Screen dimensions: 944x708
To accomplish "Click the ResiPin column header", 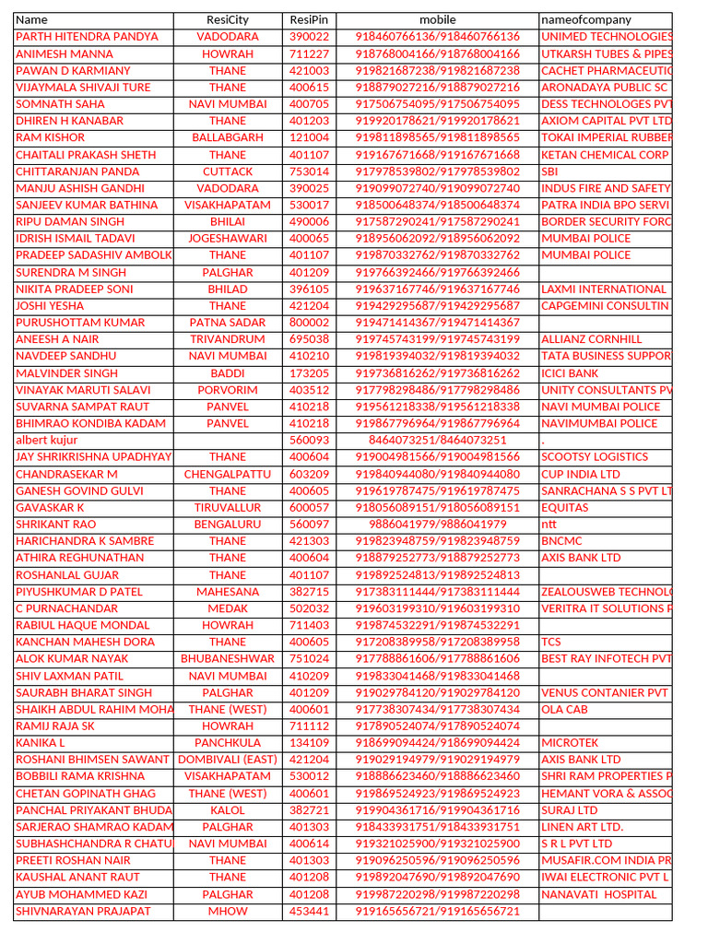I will [309, 19].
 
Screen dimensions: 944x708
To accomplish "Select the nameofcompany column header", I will [586, 19].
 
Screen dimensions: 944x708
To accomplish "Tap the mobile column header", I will [437, 19].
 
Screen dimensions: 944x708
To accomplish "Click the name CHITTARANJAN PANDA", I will [77, 171].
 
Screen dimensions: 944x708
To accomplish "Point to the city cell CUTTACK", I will [228, 171].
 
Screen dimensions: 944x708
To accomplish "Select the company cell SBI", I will [550, 171].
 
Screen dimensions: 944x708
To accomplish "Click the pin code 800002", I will [309, 323].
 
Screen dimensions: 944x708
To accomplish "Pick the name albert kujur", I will [47, 440].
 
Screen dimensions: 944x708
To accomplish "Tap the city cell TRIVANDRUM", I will [228, 339].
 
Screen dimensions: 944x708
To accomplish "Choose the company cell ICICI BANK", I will [570, 373].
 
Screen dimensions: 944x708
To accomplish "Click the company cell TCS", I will [551, 642].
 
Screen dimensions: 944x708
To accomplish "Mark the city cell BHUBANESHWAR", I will [228, 659].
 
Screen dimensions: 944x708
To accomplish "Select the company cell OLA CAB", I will [564, 710].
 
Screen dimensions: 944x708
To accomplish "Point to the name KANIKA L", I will [41, 743].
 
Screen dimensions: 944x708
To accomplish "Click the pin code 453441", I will [309, 911].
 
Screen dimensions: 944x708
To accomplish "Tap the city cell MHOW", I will [228, 911].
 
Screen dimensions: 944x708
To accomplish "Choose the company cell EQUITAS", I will [565, 508].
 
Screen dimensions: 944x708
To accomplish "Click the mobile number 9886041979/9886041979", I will [438, 525].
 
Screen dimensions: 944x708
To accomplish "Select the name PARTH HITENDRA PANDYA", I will [88, 37].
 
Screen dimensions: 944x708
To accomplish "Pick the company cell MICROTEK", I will [570, 743].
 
